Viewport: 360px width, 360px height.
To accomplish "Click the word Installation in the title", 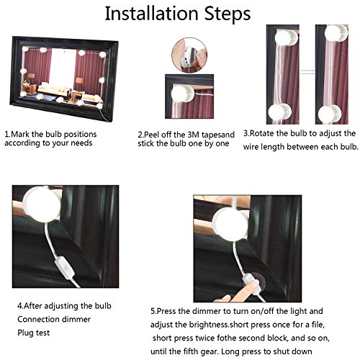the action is click(152, 14).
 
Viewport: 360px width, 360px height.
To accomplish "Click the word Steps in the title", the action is click(228, 14).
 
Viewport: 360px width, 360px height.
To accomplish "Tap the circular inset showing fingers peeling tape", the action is click(189, 55).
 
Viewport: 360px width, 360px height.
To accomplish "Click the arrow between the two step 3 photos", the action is click(307, 71).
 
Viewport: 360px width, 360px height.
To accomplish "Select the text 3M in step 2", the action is click(193, 135).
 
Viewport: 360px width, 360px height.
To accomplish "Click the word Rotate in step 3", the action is click(262, 133).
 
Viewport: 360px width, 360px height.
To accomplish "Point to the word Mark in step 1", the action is click(20, 134).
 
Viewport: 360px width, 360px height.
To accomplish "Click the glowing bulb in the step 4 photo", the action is click(42, 204).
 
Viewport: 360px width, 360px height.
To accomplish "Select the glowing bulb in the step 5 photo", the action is click(230, 224).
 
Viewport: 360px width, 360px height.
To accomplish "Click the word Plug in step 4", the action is click(25, 333).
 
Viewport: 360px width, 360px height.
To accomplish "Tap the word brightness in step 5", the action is click(208, 325).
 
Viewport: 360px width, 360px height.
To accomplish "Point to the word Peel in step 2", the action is click(152, 135).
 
